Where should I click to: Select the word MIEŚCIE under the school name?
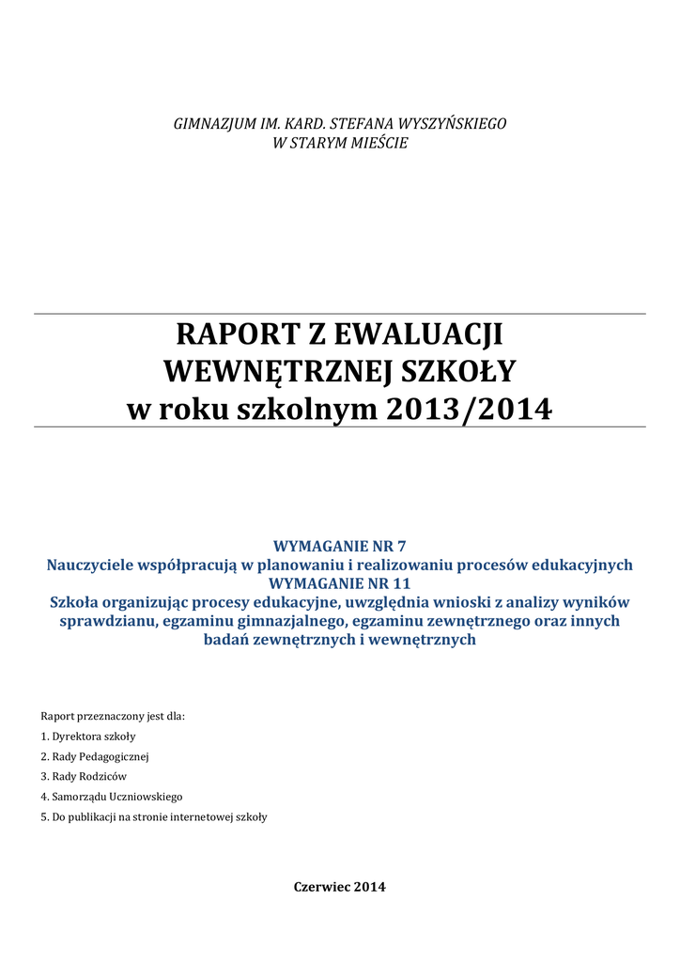(377, 144)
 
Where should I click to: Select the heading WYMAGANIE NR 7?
(339, 546)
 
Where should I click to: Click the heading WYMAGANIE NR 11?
(339, 583)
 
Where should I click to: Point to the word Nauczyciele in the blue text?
(91, 565)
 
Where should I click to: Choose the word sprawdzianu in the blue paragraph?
(102, 621)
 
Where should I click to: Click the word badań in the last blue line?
(226, 640)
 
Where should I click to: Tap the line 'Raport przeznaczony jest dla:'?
(113, 716)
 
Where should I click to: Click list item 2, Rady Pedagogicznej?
(95, 756)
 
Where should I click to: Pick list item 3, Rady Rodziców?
(84, 777)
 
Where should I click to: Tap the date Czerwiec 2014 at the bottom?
(339, 887)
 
